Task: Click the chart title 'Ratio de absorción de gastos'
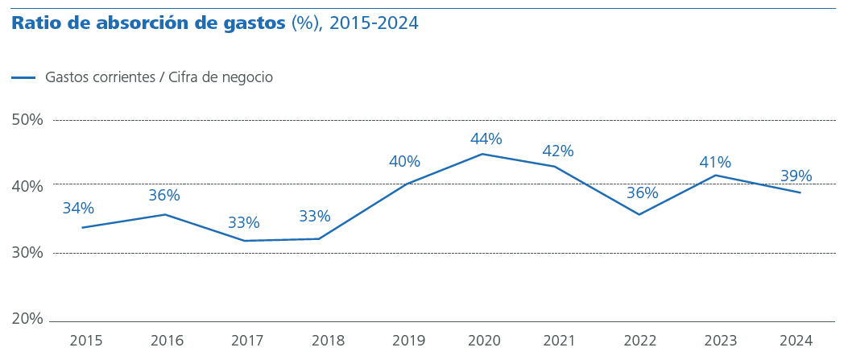coord(148,23)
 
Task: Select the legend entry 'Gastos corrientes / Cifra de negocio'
coord(159,77)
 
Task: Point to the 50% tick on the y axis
coord(27,120)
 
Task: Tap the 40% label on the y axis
coord(27,186)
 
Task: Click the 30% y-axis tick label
coord(27,253)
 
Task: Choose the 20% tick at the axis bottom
coord(27,319)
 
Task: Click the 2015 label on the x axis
coord(86,341)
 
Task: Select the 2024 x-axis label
coord(796,341)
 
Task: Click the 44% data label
coord(486,139)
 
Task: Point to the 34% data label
coord(78,209)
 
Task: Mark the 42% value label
coord(557,151)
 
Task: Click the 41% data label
coord(715,163)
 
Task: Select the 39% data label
coord(796,176)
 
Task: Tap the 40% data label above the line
coord(404,162)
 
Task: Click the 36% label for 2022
coord(642,193)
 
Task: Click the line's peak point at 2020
coord(482,154)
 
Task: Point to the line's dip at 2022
coord(639,214)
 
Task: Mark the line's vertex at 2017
coord(243,241)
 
